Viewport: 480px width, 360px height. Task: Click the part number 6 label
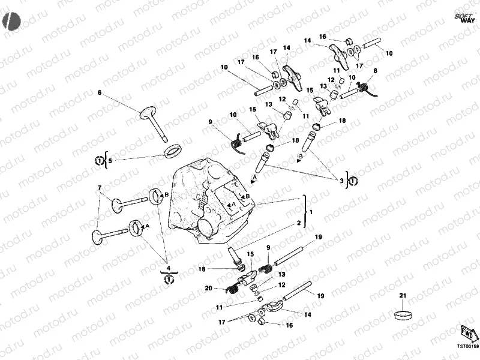pos(100,92)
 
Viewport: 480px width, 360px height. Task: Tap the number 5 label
pos(110,160)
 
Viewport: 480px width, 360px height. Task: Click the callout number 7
pos(100,188)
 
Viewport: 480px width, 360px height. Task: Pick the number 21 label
pos(403,295)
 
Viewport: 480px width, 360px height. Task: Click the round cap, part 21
pos(403,314)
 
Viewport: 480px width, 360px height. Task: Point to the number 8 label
pos(375,71)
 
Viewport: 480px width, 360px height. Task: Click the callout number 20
pos(208,289)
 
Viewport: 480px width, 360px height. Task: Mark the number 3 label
pos(342,180)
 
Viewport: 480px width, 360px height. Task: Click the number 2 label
pos(298,223)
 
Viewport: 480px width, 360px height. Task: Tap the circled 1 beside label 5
pos(98,160)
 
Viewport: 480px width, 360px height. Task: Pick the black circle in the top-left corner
pos(11,21)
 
